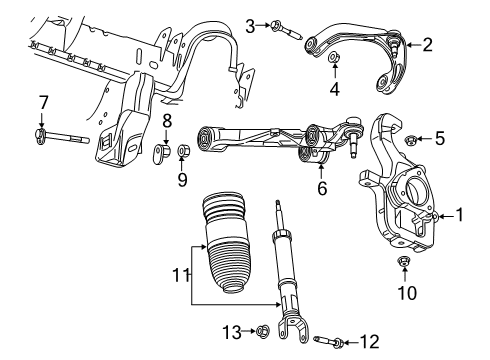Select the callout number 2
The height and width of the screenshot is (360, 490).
[x=427, y=43]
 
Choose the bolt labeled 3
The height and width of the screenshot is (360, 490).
[x=280, y=28]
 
